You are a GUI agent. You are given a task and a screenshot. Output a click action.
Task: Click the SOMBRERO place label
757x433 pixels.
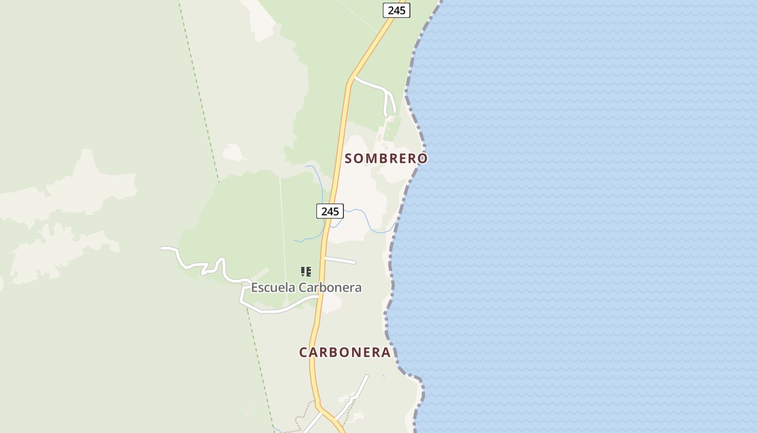pos(386,159)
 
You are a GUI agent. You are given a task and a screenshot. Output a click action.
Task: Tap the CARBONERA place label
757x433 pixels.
pos(344,352)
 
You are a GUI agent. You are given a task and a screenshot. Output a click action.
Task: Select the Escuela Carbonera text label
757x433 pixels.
pos(306,287)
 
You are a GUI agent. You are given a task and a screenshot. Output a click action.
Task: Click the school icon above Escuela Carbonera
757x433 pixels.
pos(306,271)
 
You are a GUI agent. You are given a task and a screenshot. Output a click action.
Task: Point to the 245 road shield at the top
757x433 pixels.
pos(396,10)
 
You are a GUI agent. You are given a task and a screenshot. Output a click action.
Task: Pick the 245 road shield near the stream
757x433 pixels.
pos(330,211)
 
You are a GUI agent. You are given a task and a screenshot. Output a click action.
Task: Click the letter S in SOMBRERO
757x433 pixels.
pos(349,159)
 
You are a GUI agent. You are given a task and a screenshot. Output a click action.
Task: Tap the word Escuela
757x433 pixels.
pos(272,287)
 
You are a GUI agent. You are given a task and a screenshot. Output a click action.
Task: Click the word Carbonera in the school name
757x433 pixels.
pos(330,287)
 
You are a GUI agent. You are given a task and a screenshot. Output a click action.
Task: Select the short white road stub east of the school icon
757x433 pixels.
pos(341,260)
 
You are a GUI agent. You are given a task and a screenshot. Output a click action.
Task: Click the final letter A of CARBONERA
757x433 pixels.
pos(386,352)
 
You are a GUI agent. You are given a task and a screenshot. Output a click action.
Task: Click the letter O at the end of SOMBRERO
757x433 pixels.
pos(422,159)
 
